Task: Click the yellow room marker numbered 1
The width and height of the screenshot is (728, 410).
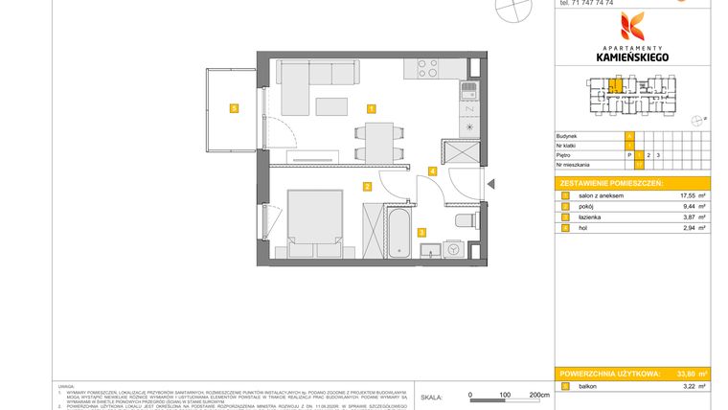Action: [372, 108]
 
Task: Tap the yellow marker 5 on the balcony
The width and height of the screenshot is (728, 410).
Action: [233, 108]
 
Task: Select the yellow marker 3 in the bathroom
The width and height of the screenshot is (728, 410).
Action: [421, 231]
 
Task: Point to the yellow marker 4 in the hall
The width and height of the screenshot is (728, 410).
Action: [433, 171]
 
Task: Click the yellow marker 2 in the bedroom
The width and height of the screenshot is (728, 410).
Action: [367, 187]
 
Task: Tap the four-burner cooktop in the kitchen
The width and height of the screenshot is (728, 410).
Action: [426, 68]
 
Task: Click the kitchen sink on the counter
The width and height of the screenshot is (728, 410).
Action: [468, 92]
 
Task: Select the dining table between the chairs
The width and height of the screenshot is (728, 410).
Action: [380, 142]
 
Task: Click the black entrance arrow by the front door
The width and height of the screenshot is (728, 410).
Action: [489, 185]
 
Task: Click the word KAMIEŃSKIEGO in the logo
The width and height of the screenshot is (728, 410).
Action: [632, 57]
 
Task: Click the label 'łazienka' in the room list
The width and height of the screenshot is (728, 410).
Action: [586, 217]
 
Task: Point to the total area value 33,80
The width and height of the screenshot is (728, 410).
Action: [685, 373]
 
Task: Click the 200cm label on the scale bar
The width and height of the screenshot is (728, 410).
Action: [539, 394]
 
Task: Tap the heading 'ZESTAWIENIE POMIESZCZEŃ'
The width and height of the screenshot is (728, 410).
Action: [610, 182]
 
